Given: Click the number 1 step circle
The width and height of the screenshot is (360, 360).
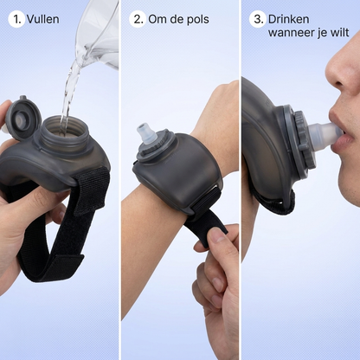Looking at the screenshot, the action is click(16, 19).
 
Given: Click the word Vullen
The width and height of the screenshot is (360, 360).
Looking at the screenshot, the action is click(43, 19).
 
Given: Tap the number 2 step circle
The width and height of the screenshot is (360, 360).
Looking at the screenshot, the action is click(137, 19).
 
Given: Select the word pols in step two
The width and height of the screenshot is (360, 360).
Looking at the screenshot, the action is click(198, 20).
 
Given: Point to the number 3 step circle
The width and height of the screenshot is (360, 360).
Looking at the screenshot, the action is click(257, 19).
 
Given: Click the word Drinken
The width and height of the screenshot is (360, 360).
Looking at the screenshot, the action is click(289, 19).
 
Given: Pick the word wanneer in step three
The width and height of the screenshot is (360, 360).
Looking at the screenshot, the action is click(291, 33).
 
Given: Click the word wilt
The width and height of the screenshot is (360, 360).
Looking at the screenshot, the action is click(340, 32).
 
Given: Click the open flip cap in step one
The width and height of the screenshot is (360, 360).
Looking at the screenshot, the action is click(22, 118).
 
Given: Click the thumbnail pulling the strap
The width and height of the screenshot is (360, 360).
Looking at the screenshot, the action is click(216, 235).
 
